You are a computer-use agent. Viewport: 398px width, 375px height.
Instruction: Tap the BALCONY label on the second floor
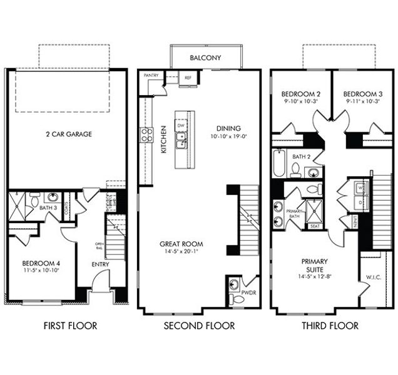coord(206,57)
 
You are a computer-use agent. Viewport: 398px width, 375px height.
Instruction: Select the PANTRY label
coord(151,76)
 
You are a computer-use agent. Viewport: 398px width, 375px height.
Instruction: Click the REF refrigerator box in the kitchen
coord(187,78)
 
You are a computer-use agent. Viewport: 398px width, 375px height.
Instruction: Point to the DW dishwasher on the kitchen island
coord(181,126)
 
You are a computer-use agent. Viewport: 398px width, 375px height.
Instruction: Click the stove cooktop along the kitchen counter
coord(146,134)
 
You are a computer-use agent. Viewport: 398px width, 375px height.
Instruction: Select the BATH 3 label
coord(48,207)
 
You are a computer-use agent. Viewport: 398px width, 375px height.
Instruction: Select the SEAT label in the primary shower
coord(314,226)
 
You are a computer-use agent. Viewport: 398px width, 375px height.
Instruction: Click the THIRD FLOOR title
coord(330,326)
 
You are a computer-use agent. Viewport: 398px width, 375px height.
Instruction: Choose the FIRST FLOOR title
coord(69,326)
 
